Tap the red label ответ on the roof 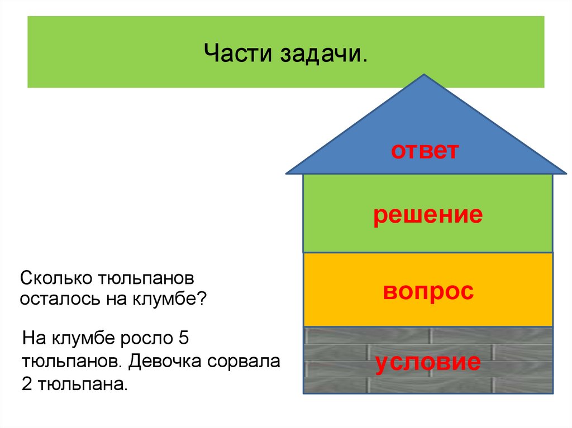coord(425,151)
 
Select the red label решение coord(428,215)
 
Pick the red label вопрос coord(428,291)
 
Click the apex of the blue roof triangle coord(425,75)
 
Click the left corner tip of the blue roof coord(287,173)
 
